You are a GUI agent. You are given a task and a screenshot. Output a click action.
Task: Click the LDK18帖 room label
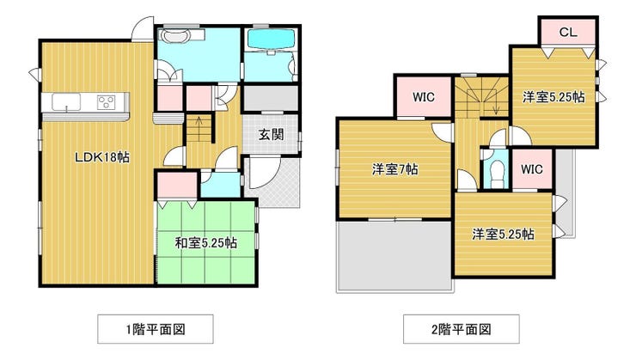pos(102,157)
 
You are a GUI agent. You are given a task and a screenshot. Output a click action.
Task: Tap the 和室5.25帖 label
pos(206,243)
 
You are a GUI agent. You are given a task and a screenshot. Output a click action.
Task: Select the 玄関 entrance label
pos(272,134)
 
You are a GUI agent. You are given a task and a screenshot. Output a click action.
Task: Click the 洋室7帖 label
pos(395,169)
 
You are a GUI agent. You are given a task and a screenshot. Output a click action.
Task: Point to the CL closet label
pos(568,32)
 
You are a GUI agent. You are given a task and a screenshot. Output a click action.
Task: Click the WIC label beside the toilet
pos(531,168)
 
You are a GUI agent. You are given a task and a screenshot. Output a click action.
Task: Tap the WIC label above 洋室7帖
pos(424,97)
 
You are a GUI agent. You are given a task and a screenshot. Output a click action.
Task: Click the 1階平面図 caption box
pos(156,329)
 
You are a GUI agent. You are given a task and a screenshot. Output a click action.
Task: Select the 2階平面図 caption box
pos(462,329)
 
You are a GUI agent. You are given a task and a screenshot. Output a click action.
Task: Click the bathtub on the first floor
pos(271,40)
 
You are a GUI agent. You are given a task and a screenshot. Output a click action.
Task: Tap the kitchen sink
pos(66,101)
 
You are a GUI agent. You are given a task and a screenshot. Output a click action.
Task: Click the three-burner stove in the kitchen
pos(107,101)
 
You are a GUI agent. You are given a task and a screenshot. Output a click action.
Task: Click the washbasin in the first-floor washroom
pos(175,36)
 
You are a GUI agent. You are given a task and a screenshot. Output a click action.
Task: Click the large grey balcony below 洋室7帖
pos(394,255)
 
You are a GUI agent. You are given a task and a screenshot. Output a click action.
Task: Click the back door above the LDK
pos(143,29)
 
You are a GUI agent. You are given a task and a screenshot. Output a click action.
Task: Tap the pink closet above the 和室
pos(177,186)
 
